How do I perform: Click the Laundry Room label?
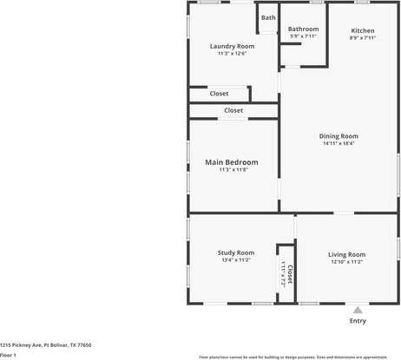pos(233,46)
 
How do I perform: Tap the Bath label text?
pos(268,17)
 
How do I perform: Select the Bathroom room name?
pos(303,29)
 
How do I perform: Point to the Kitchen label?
pos(362,30)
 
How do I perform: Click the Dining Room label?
pos(339,136)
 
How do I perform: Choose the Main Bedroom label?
pos(231,162)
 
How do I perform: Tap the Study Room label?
pos(235,252)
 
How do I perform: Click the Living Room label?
pos(346,254)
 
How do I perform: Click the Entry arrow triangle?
pos(357,309)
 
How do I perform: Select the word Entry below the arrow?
pos(357,321)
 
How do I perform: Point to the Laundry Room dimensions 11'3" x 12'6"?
pos(233,54)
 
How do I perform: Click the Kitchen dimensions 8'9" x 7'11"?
pos(362,38)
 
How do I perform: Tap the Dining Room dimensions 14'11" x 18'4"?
pos(339,144)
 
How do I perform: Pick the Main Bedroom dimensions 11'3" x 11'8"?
pos(231,170)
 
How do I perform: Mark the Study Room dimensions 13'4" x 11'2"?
pos(235,260)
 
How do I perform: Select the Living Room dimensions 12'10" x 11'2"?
pos(346,262)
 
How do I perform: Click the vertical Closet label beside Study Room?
pos(290,274)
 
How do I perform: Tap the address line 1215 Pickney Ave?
pos(45,344)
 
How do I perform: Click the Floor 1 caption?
pos(9,355)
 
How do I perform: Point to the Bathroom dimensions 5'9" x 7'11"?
pos(303,36)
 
